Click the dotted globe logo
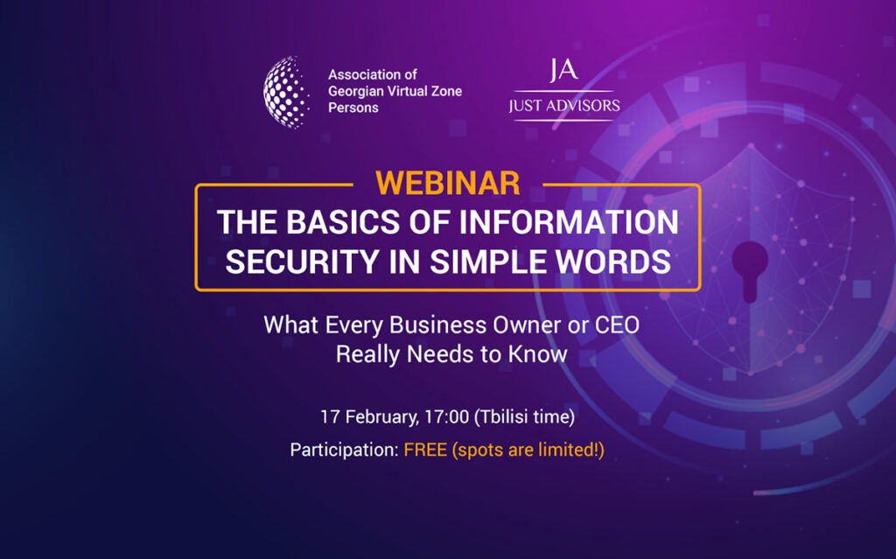pos(286,92)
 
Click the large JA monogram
pos(563,70)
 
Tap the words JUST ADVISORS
pos(564,106)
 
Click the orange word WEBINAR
pos(448,183)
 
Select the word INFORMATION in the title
pos(569,222)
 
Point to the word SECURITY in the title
pos(302,262)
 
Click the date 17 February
pos(369,416)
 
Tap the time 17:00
pos(446,416)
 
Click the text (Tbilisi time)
pos(525,416)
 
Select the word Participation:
pos(344,450)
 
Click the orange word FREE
pos(425,450)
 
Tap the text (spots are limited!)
pos(528,450)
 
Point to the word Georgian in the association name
pos(355,92)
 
